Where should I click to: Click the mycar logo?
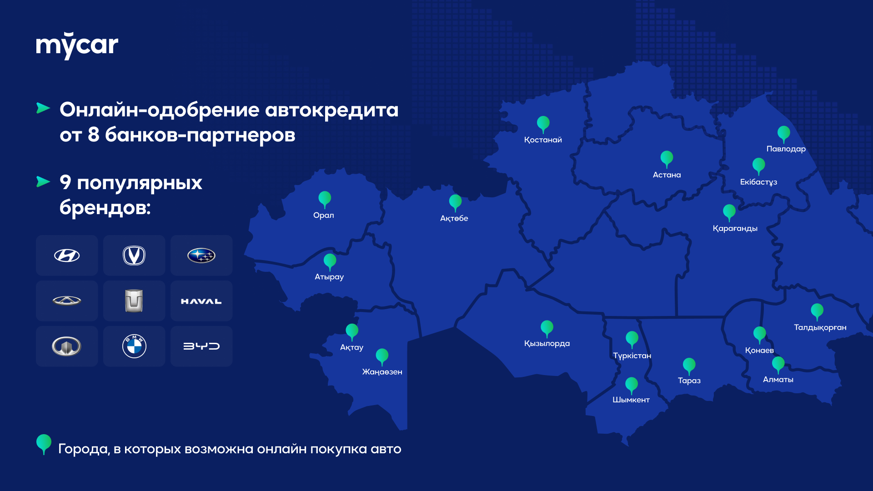(x=77, y=45)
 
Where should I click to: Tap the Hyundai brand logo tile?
(x=67, y=256)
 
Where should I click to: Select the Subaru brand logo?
(x=201, y=256)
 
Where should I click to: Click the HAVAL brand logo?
(x=201, y=301)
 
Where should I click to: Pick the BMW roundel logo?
(x=134, y=346)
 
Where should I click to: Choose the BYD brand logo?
(x=201, y=346)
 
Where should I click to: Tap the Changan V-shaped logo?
(x=134, y=256)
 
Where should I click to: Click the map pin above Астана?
(x=667, y=159)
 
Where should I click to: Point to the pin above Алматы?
(x=778, y=365)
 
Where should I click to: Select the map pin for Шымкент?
(x=631, y=386)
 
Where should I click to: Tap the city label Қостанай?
(x=543, y=140)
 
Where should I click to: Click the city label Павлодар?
(x=786, y=149)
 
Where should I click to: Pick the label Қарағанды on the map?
(x=735, y=229)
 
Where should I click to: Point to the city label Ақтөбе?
(x=454, y=219)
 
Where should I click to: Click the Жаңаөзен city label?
(x=382, y=372)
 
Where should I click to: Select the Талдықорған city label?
(x=820, y=328)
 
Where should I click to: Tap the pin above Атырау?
(x=330, y=262)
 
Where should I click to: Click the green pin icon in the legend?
(x=44, y=444)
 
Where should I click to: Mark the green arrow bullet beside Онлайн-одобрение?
(x=43, y=108)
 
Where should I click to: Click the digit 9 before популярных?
(x=65, y=182)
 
